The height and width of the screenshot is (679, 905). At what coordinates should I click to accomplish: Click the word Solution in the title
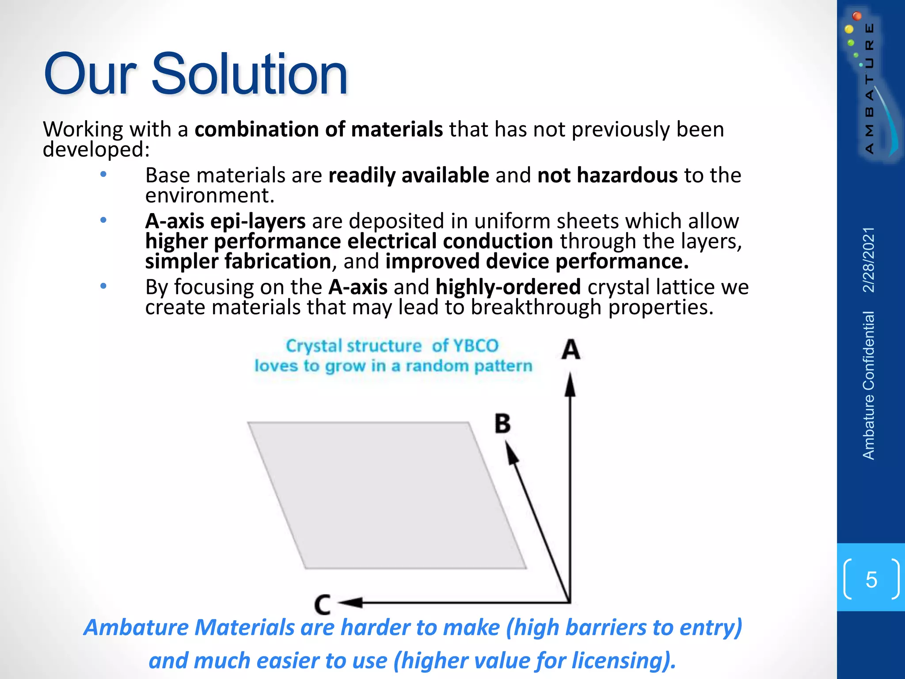click(250, 74)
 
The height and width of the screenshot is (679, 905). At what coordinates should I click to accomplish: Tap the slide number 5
click(871, 580)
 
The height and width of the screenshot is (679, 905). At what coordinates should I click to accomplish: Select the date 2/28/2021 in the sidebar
click(869, 259)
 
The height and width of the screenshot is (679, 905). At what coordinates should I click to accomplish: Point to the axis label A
click(570, 349)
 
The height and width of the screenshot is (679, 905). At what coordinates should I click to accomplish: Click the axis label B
click(502, 423)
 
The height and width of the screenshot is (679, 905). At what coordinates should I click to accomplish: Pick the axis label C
click(323, 604)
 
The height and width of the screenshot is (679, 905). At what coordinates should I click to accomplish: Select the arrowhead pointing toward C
click(351, 602)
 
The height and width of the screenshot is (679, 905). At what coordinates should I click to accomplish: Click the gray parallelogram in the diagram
click(387, 495)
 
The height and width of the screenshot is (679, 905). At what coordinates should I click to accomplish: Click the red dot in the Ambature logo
click(857, 16)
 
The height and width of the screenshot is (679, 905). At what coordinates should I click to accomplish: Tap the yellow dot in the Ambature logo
click(849, 30)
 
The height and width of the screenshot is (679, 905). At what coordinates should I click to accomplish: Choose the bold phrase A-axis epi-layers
click(225, 221)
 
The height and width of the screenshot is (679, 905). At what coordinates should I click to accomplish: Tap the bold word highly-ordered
click(508, 287)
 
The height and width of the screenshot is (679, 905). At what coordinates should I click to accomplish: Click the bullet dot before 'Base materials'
click(103, 175)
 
